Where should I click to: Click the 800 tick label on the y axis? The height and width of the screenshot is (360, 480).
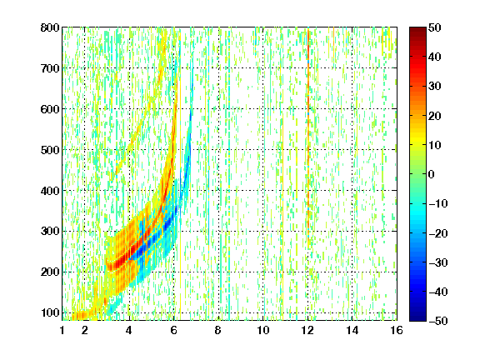(50, 27)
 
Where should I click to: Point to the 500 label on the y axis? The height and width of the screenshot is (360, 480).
(50, 150)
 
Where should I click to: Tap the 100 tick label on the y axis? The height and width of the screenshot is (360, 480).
(50, 312)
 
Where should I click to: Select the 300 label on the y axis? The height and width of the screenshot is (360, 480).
(50, 232)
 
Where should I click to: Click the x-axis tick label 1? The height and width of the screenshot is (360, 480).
(62, 330)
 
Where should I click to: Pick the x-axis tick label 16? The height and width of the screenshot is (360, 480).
(397, 330)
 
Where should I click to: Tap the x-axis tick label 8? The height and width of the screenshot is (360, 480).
(218, 330)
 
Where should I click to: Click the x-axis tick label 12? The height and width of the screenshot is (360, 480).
(307, 330)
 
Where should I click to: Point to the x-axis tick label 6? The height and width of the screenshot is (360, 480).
(174, 330)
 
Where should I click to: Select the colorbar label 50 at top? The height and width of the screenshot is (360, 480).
(435, 27)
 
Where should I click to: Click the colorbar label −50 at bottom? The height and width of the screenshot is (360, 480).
(438, 321)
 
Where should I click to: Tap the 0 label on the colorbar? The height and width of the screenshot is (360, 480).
(432, 174)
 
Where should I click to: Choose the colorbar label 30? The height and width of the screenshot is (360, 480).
(435, 86)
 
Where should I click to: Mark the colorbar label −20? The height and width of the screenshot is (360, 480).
(438, 233)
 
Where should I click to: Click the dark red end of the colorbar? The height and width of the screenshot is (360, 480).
(417, 30)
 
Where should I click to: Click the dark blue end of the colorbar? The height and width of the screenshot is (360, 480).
(417, 317)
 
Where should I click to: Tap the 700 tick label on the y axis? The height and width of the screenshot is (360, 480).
(50, 68)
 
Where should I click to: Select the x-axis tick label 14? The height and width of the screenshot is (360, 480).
(352, 330)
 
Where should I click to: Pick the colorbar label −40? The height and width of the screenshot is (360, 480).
(438, 292)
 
